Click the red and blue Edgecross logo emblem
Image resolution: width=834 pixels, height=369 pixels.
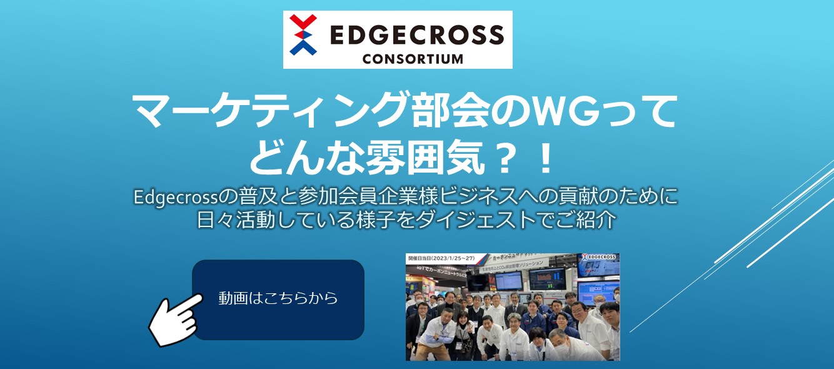click(303, 35)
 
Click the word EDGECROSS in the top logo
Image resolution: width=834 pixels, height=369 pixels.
click(415, 34)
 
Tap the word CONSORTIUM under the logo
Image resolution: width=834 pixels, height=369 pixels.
click(413, 59)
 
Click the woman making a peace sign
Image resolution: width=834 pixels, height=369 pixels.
click(463, 332)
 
